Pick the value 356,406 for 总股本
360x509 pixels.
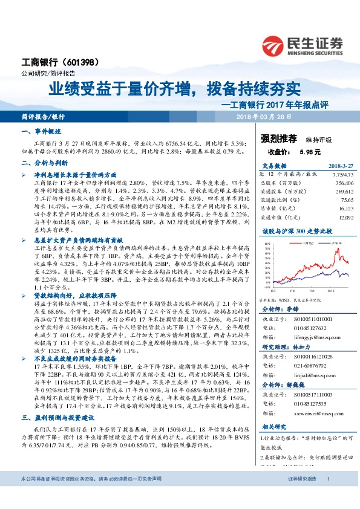pos(327,182)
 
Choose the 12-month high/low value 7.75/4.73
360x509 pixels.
pos(326,173)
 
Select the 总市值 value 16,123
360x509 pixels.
pos(330,207)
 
